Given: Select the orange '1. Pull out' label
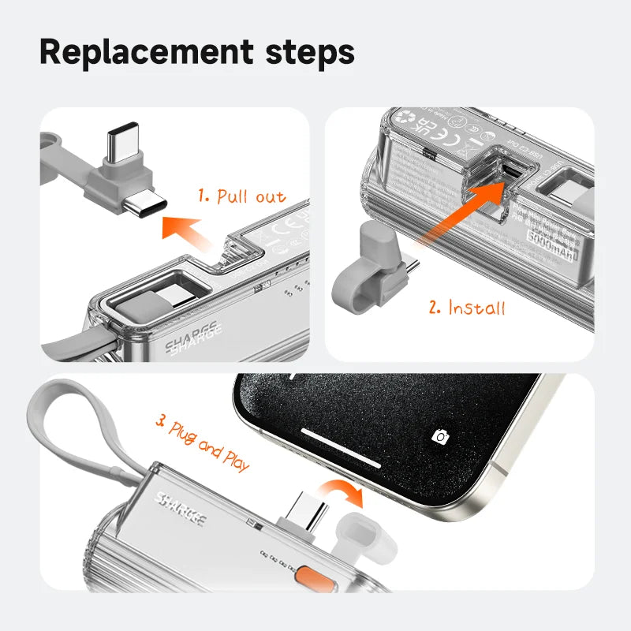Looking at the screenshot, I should (241, 196).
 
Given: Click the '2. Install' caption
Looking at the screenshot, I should (467, 307).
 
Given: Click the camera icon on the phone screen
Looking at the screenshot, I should (440, 436).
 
